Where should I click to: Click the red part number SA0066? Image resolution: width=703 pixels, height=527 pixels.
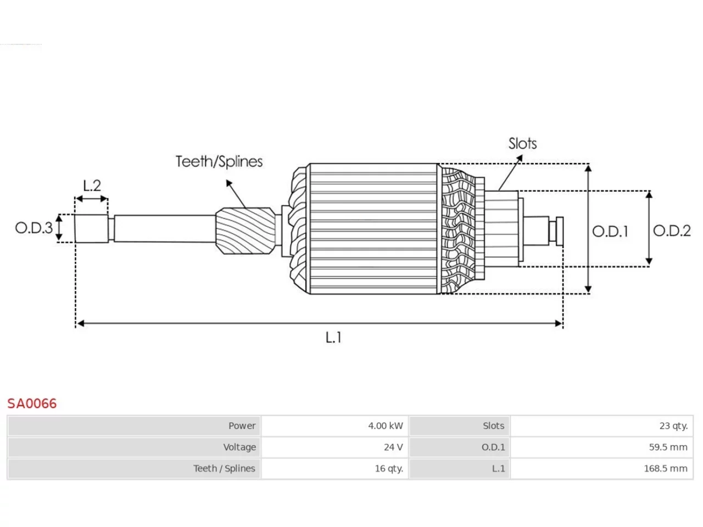pos(32,403)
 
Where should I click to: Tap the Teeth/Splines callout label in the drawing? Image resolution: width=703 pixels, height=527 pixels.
pos(219,161)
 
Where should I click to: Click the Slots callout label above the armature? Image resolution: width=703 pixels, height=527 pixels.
pos(522,144)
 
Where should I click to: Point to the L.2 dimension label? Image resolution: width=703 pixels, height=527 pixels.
pos(92,186)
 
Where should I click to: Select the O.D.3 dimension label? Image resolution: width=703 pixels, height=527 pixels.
pos(34,228)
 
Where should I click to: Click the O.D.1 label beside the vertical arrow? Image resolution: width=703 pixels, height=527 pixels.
pos(610,231)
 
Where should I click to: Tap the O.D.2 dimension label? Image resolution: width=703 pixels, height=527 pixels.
pos(672,231)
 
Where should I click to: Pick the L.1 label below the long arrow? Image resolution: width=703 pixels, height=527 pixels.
pos(333,337)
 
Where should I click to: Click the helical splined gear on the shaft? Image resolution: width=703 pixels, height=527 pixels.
pos(246,231)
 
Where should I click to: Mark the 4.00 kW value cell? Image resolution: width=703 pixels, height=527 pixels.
pos(334,425)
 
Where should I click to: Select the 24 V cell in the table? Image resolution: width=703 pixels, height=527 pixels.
pos(334,447)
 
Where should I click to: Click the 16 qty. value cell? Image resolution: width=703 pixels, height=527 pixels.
pos(334,468)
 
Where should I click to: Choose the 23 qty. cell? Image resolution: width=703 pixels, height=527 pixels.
pos(602,425)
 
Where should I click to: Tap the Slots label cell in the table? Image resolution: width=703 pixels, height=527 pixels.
pos(460,425)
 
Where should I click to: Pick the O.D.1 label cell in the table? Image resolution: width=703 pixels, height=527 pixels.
pos(460,447)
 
